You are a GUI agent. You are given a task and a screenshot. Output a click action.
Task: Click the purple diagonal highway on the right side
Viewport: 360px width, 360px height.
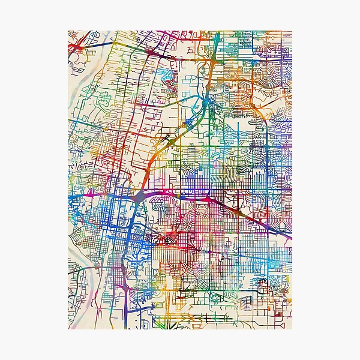coord(264,224)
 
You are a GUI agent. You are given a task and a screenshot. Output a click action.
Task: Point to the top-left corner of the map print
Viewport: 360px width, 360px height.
coord(68,30)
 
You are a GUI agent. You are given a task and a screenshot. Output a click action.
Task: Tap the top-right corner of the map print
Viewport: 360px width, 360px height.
coord(292,30)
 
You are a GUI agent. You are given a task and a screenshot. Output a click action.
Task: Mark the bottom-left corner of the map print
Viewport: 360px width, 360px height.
coord(68,329)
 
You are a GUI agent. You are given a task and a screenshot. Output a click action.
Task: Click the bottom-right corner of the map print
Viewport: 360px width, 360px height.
coord(292,329)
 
